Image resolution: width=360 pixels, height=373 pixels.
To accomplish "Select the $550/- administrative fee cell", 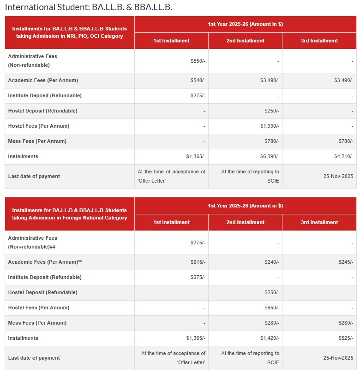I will click(198, 61).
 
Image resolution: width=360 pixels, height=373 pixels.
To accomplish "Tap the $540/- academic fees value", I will click(198, 80).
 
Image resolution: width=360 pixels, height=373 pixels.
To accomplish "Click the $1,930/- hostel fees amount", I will click(270, 126).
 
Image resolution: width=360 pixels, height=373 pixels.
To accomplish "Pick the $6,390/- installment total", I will click(270, 156).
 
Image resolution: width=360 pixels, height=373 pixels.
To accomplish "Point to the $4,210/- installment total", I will click(343, 156).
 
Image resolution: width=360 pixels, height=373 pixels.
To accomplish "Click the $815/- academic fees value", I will click(198, 262).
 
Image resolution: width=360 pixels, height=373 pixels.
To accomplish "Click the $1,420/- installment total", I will click(270, 338).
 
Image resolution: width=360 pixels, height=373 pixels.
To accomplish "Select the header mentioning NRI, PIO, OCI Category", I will click(70, 32).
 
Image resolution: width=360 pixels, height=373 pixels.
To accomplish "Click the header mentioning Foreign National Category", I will click(70, 214).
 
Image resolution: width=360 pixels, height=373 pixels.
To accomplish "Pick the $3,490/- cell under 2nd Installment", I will click(270, 80).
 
